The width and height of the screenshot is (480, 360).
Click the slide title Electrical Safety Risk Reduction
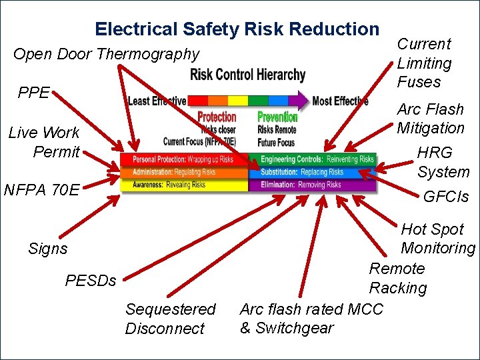coord(237,29)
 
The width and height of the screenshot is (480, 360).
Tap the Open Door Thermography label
coord(106,54)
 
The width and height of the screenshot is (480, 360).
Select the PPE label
coord(33,93)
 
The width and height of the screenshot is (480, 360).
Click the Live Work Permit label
coord(44,142)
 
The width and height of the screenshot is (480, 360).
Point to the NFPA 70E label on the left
coord(41,190)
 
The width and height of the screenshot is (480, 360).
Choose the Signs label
coord(48,249)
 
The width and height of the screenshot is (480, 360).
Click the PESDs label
coord(91,281)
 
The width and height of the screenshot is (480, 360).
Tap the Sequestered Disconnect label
coord(170,319)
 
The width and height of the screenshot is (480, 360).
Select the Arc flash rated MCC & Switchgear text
coord(311,319)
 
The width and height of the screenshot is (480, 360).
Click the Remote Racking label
coord(398,278)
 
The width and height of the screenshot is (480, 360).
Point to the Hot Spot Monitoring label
coord(437,239)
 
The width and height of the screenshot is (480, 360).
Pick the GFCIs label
coord(446,197)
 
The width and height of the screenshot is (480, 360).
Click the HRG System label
coord(443,162)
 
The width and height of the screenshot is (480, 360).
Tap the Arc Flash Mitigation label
coord(431,118)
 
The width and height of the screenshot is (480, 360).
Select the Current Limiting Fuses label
coord(424,63)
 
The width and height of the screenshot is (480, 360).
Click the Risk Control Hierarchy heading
coord(247,74)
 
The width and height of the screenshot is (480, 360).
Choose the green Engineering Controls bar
coord(313,159)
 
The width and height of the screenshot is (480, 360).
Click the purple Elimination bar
coord(313,185)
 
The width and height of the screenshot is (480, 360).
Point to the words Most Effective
coord(340,101)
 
